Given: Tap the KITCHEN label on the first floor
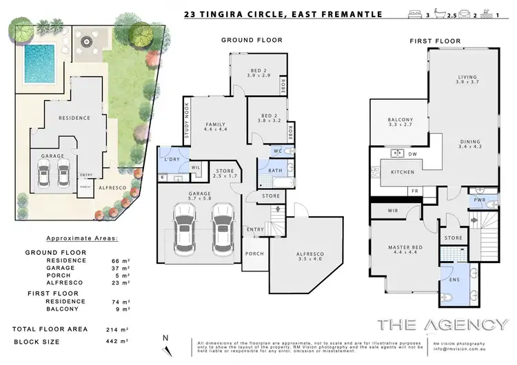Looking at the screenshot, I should (x=403, y=171).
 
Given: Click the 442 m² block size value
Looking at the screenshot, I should (x=121, y=342).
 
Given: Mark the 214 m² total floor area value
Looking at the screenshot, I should (x=121, y=330).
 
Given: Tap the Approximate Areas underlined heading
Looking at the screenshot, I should (x=82, y=238).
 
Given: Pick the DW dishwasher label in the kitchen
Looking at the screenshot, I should (x=412, y=154).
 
